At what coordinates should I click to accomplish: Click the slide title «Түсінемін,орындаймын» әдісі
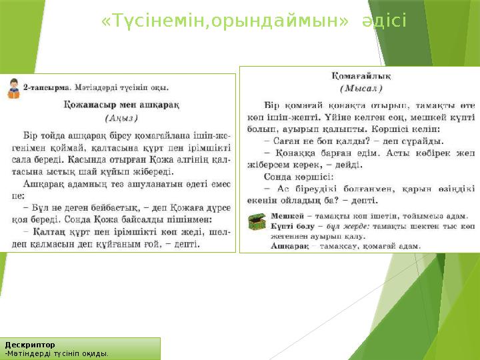253,23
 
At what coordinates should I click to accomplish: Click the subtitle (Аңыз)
121,117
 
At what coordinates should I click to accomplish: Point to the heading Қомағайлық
361,76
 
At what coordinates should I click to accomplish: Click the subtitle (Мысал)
361,88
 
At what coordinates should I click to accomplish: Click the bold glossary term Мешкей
284,216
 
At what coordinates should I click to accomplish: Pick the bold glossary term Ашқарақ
289,245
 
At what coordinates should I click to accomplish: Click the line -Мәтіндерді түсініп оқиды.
57,353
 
